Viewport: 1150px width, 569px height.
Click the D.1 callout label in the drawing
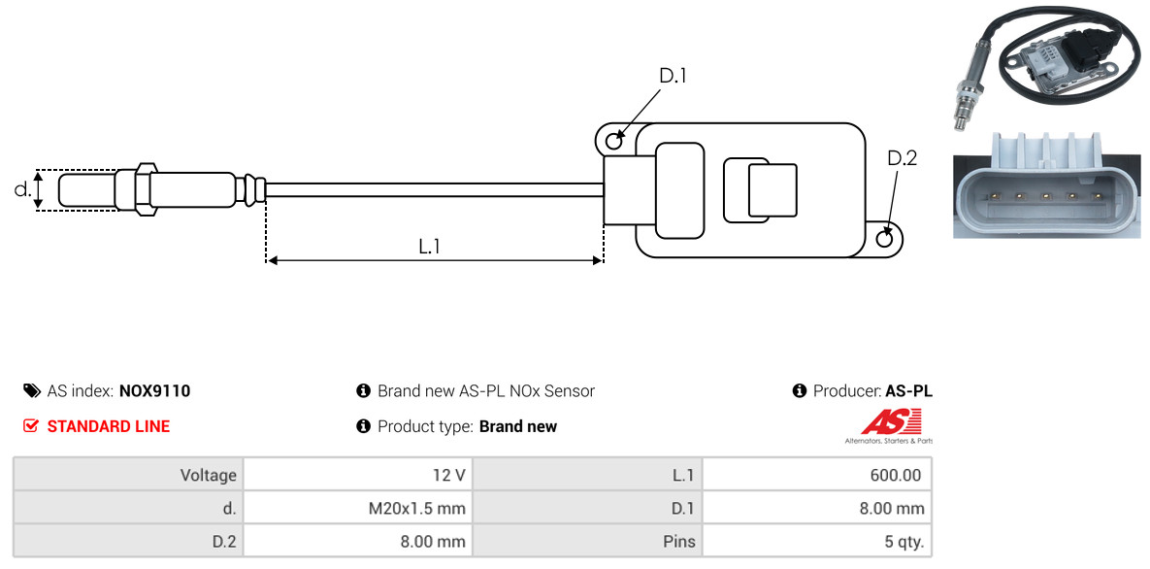point(673,76)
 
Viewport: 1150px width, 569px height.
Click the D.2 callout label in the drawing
point(902,158)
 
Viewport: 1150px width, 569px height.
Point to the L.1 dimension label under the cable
point(430,247)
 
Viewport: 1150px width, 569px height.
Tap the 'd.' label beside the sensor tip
point(22,190)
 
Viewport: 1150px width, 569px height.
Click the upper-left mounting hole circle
point(613,142)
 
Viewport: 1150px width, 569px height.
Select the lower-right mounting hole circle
point(884,239)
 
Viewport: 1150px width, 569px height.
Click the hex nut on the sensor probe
point(142,188)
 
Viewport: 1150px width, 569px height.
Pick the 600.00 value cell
point(896,476)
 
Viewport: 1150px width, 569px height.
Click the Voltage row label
point(209,476)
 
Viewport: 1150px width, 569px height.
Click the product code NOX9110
point(154,391)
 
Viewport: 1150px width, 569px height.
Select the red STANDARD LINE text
point(108,426)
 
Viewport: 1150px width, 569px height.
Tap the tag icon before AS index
point(32,391)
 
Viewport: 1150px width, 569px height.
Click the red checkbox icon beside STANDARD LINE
point(31,426)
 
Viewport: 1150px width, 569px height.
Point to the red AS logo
point(890,422)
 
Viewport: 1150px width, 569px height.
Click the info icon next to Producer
point(800,391)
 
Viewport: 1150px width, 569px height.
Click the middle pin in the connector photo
point(1047,196)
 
